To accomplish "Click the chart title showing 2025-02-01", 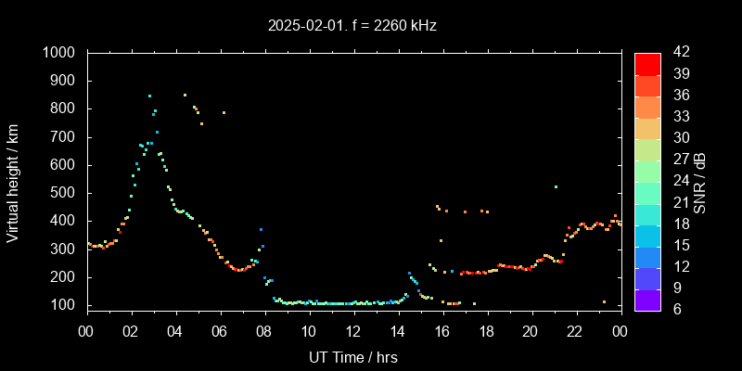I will [x=352, y=25].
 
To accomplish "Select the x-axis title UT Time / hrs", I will [x=352, y=356].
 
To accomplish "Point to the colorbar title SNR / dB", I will [x=700, y=181].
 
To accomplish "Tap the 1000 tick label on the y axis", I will [x=62, y=53].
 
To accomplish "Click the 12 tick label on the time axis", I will [x=353, y=330].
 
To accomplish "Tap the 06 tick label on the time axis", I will [x=220, y=330].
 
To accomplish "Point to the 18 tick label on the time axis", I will [x=486, y=330].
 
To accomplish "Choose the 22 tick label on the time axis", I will [x=575, y=330].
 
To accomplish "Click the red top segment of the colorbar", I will [x=647, y=63].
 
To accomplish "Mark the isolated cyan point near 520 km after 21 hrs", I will [x=556, y=187].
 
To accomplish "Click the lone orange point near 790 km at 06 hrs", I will [x=224, y=112].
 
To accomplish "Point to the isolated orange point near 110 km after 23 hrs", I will [x=604, y=301].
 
